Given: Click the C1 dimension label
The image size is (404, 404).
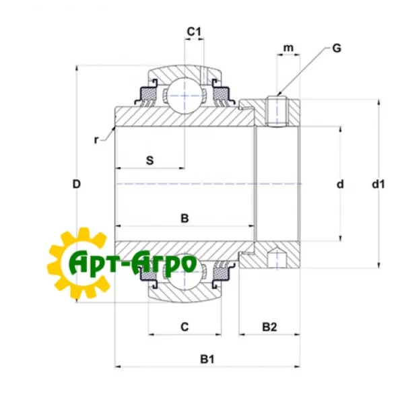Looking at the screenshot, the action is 194,32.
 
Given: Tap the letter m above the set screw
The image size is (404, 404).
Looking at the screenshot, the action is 288,48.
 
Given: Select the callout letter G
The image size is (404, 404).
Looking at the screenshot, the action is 337,48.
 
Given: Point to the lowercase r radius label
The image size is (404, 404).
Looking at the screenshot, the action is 96,140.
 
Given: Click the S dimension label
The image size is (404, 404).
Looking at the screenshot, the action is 149,160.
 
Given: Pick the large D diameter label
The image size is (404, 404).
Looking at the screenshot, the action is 77,184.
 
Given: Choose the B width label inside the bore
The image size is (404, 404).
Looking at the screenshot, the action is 184,218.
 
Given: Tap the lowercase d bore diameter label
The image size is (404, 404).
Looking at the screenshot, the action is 340,184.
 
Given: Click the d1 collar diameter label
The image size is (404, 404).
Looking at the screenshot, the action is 378,184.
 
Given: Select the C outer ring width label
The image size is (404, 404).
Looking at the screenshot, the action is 184,327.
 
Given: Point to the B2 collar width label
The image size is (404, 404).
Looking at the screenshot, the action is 269,327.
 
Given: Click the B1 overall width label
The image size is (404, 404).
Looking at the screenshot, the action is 207,359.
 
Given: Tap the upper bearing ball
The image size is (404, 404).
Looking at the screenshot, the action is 184,96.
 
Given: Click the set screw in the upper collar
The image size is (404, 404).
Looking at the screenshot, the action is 277,111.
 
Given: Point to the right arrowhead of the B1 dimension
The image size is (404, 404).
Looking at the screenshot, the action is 300,366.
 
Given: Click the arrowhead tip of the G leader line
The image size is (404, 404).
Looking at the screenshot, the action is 277,96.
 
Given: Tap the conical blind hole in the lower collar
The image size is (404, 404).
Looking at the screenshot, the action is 277,258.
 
